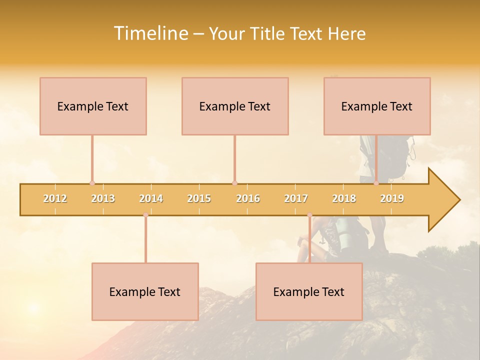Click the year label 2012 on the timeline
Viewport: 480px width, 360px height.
[x=55, y=198]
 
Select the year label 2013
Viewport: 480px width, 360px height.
[x=103, y=198]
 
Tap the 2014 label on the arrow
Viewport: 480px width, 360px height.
[x=151, y=198]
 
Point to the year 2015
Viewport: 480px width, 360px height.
[x=199, y=198]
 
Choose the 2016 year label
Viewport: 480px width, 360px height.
[x=248, y=198]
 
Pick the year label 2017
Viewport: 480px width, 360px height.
[x=296, y=198]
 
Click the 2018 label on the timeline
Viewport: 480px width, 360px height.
[x=344, y=198]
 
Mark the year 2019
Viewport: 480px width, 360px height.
[x=392, y=198]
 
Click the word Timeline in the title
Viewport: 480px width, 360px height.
[x=150, y=33]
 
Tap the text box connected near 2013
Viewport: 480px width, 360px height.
[x=93, y=106]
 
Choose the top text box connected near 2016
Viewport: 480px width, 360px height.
[x=235, y=106]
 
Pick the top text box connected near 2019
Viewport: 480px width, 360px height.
[x=377, y=106]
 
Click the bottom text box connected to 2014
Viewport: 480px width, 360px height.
[x=145, y=291]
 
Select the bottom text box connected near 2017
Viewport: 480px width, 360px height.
[x=309, y=291]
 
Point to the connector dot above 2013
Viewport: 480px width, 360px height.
[x=92, y=183]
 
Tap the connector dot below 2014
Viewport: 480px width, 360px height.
[x=145, y=215]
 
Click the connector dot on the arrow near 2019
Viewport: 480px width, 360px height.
[x=376, y=183]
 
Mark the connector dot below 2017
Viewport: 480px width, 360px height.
[x=309, y=215]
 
